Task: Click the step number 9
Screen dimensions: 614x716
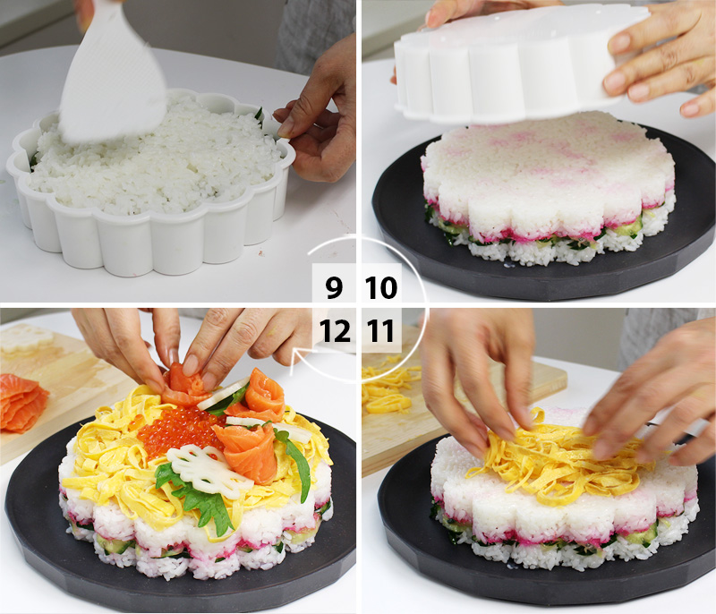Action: [x=333, y=288]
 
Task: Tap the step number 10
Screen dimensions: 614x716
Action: [x=381, y=288]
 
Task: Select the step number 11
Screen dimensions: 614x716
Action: [x=381, y=332]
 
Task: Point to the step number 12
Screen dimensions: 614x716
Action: [x=335, y=332]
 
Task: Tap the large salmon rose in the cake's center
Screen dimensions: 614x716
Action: [x=247, y=448]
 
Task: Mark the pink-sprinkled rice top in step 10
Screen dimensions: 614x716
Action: [x=546, y=161]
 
